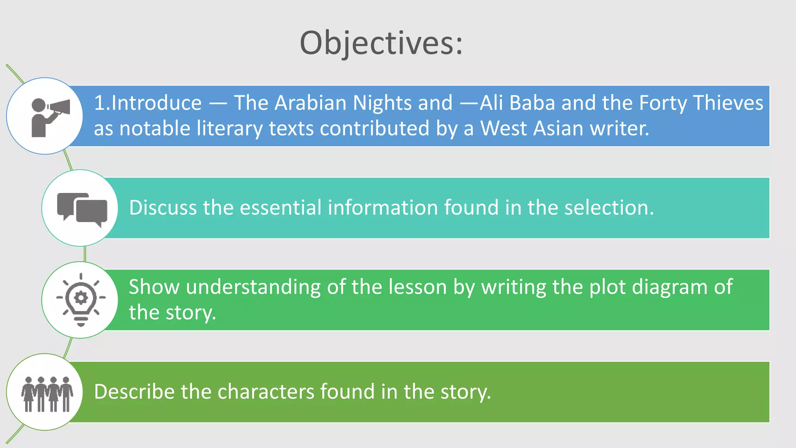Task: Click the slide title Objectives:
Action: pos(381,43)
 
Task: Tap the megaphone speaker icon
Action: pos(50,117)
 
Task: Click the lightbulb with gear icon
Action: pos(81,299)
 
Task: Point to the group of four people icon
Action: pos(47,393)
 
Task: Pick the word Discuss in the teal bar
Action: pos(163,207)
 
